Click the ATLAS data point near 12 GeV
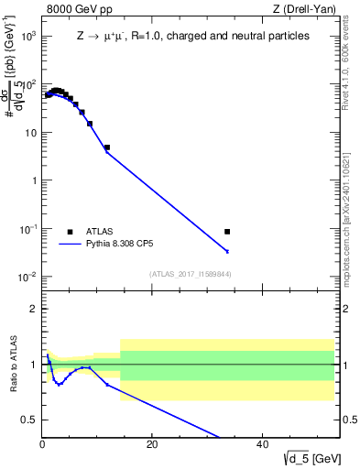click(x=107, y=147)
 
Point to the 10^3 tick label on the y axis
click(x=27, y=36)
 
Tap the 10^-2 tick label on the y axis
click(x=27, y=278)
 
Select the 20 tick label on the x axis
click(x=152, y=443)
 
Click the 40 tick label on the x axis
click(x=262, y=443)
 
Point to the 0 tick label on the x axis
click(x=42, y=443)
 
